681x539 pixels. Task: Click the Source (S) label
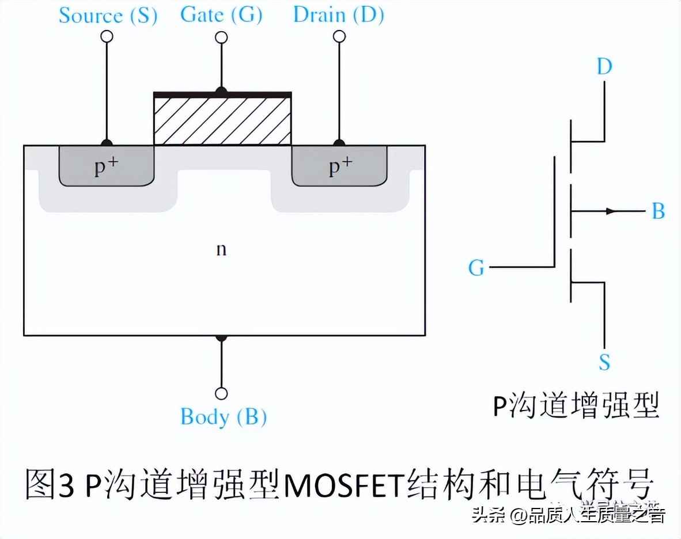click(x=108, y=16)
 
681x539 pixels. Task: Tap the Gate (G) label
click(x=221, y=14)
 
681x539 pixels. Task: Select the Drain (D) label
click(x=338, y=14)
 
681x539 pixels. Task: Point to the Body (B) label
click(x=224, y=416)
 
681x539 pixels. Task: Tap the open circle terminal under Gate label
click(x=221, y=38)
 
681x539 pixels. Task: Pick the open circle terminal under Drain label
click(x=339, y=37)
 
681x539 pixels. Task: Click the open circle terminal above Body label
click(x=221, y=394)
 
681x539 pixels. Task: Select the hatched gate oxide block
click(x=222, y=119)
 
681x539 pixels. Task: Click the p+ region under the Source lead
click(x=107, y=166)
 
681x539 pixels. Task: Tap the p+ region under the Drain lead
click(x=340, y=166)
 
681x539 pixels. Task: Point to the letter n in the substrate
click(x=221, y=249)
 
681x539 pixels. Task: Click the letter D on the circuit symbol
click(x=604, y=67)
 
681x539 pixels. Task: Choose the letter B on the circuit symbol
click(x=658, y=211)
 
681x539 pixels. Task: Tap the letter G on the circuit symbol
click(x=476, y=268)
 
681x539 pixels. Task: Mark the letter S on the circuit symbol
click(x=604, y=362)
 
